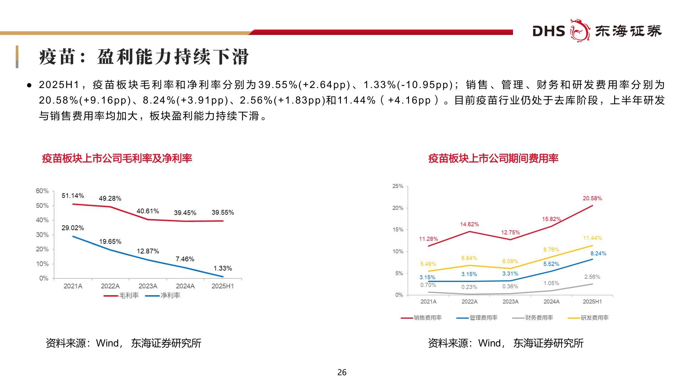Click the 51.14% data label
pyautogui.click(x=73, y=196)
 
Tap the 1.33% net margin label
pyautogui.click(x=223, y=268)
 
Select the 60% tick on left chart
pyautogui.click(x=42, y=191)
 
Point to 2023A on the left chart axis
pyautogui.click(x=148, y=286)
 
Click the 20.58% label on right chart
pyautogui.click(x=592, y=199)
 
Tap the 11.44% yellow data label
pyautogui.click(x=592, y=238)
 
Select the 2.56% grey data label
pyautogui.click(x=592, y=277)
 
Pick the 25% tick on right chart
pyautogui.click(x=398, y=186)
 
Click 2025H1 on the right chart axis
pyautogui.click(x=592, y=302)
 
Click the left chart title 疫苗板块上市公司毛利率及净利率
pyautogui.click(x=117, y=158)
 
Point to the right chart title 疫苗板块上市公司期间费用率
pyautogui.click(x=493, y=158)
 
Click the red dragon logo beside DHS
pyautogui.click(x=580, y=31)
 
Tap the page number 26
pyautogui.click(x=342, y=373)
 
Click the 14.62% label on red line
pyautogui.click(x=469, y=225)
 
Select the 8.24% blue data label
pyautogui.click(x=598, y=254)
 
